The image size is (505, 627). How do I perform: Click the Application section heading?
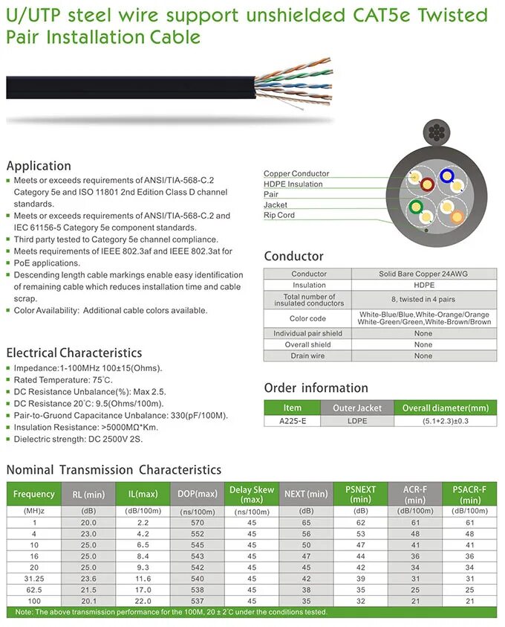39,166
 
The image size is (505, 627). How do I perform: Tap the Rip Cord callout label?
279,215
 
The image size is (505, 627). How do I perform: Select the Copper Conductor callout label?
296,173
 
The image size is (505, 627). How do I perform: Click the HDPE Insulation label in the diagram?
293,184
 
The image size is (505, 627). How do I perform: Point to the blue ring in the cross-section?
447,176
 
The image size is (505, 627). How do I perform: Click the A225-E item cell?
293,421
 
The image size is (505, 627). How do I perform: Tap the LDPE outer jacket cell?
357,421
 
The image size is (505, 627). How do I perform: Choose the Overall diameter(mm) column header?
446,408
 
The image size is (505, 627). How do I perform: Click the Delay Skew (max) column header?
252,494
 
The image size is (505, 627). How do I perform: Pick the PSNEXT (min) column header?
361,494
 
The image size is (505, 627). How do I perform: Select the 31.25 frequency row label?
33,578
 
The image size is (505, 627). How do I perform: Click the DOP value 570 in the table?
198,522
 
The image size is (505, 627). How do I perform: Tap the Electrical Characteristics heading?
74,353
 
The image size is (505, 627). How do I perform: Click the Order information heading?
316,388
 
